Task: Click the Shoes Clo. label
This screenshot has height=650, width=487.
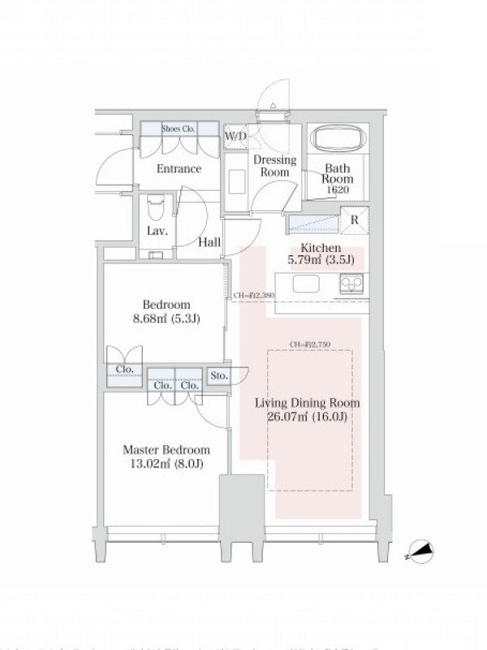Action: tap(179, 128)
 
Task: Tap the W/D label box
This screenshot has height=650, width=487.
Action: tap(235, 136)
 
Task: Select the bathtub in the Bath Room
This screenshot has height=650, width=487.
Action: tap(339, 138)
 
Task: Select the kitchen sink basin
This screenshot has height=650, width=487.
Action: tap(307, 284)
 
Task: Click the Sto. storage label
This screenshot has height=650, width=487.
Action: tap(218, 375)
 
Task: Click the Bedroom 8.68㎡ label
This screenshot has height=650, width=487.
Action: tap(165, 312)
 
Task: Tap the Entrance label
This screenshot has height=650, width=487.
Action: tap(179, 169)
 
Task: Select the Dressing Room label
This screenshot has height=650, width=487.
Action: tap(274, 166)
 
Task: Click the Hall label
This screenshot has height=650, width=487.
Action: tap(209, 241)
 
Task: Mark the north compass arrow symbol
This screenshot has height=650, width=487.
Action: tap(419, 553)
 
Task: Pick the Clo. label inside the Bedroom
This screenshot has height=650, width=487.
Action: tap(124, 369)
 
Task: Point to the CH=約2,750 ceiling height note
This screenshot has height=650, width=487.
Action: tap(309, 344)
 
